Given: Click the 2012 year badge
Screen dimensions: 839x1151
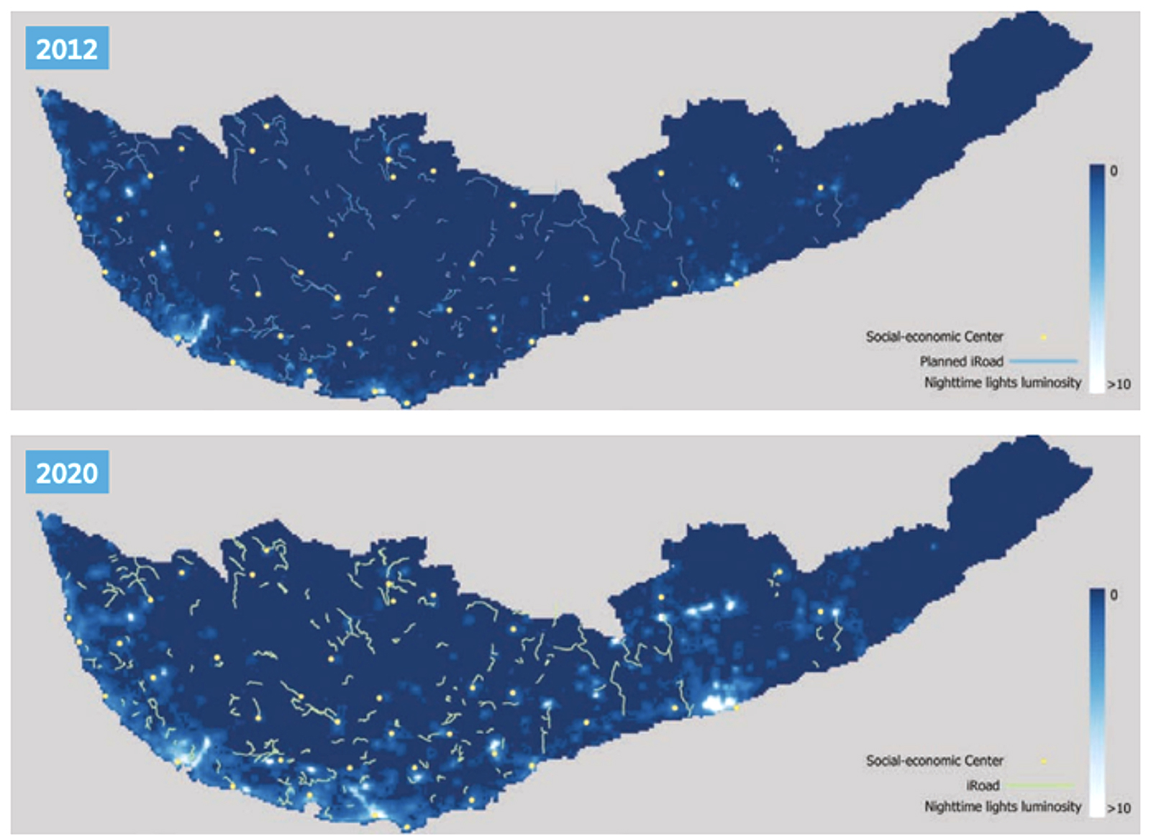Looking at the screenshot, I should click(67, 48).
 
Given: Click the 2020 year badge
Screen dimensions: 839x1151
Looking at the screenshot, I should click(67, 472).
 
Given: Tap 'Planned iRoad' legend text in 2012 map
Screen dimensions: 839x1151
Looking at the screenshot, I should click(961, 361).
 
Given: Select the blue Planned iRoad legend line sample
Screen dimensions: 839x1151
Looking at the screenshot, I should click(1043, 360).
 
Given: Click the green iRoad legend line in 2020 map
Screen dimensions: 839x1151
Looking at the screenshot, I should click(1040, 785).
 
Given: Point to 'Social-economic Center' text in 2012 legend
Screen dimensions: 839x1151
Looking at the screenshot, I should click(934, 336).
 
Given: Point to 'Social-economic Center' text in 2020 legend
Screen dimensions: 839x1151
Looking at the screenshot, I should click(934, 760).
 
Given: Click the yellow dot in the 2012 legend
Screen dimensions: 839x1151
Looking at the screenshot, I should click(1043, 337).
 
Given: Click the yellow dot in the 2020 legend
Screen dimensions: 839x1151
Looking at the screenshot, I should click(1043, 761).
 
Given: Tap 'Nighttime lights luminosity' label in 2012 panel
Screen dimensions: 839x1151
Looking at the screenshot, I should click(1002, 383).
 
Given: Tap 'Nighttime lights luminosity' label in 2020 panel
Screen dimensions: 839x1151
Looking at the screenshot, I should click(1002, 807).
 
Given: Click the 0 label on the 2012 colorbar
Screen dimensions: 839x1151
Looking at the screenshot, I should click(1114, 171).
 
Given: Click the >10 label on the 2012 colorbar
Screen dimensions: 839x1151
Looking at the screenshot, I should click(1119, 384).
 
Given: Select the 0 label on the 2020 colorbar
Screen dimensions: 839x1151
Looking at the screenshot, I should click(1114, 595).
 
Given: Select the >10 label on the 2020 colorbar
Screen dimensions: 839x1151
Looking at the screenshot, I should click(1119, 808).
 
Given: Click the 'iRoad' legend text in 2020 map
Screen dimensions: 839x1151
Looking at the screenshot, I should click(983, 785).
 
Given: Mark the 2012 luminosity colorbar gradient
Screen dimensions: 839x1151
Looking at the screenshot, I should click(1096, 278).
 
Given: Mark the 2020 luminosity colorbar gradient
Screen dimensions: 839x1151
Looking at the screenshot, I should click(1096, 702).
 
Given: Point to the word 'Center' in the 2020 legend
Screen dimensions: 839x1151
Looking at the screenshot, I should click(983, 760).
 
